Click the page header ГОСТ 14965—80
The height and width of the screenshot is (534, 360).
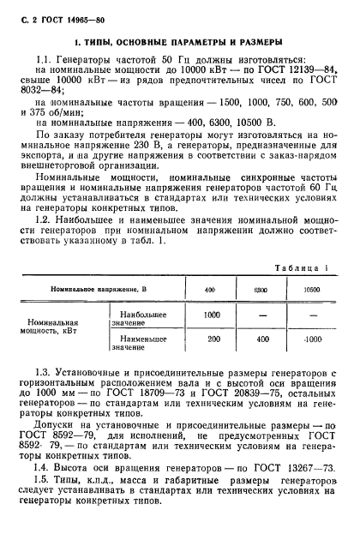click(x=50, y=9)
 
